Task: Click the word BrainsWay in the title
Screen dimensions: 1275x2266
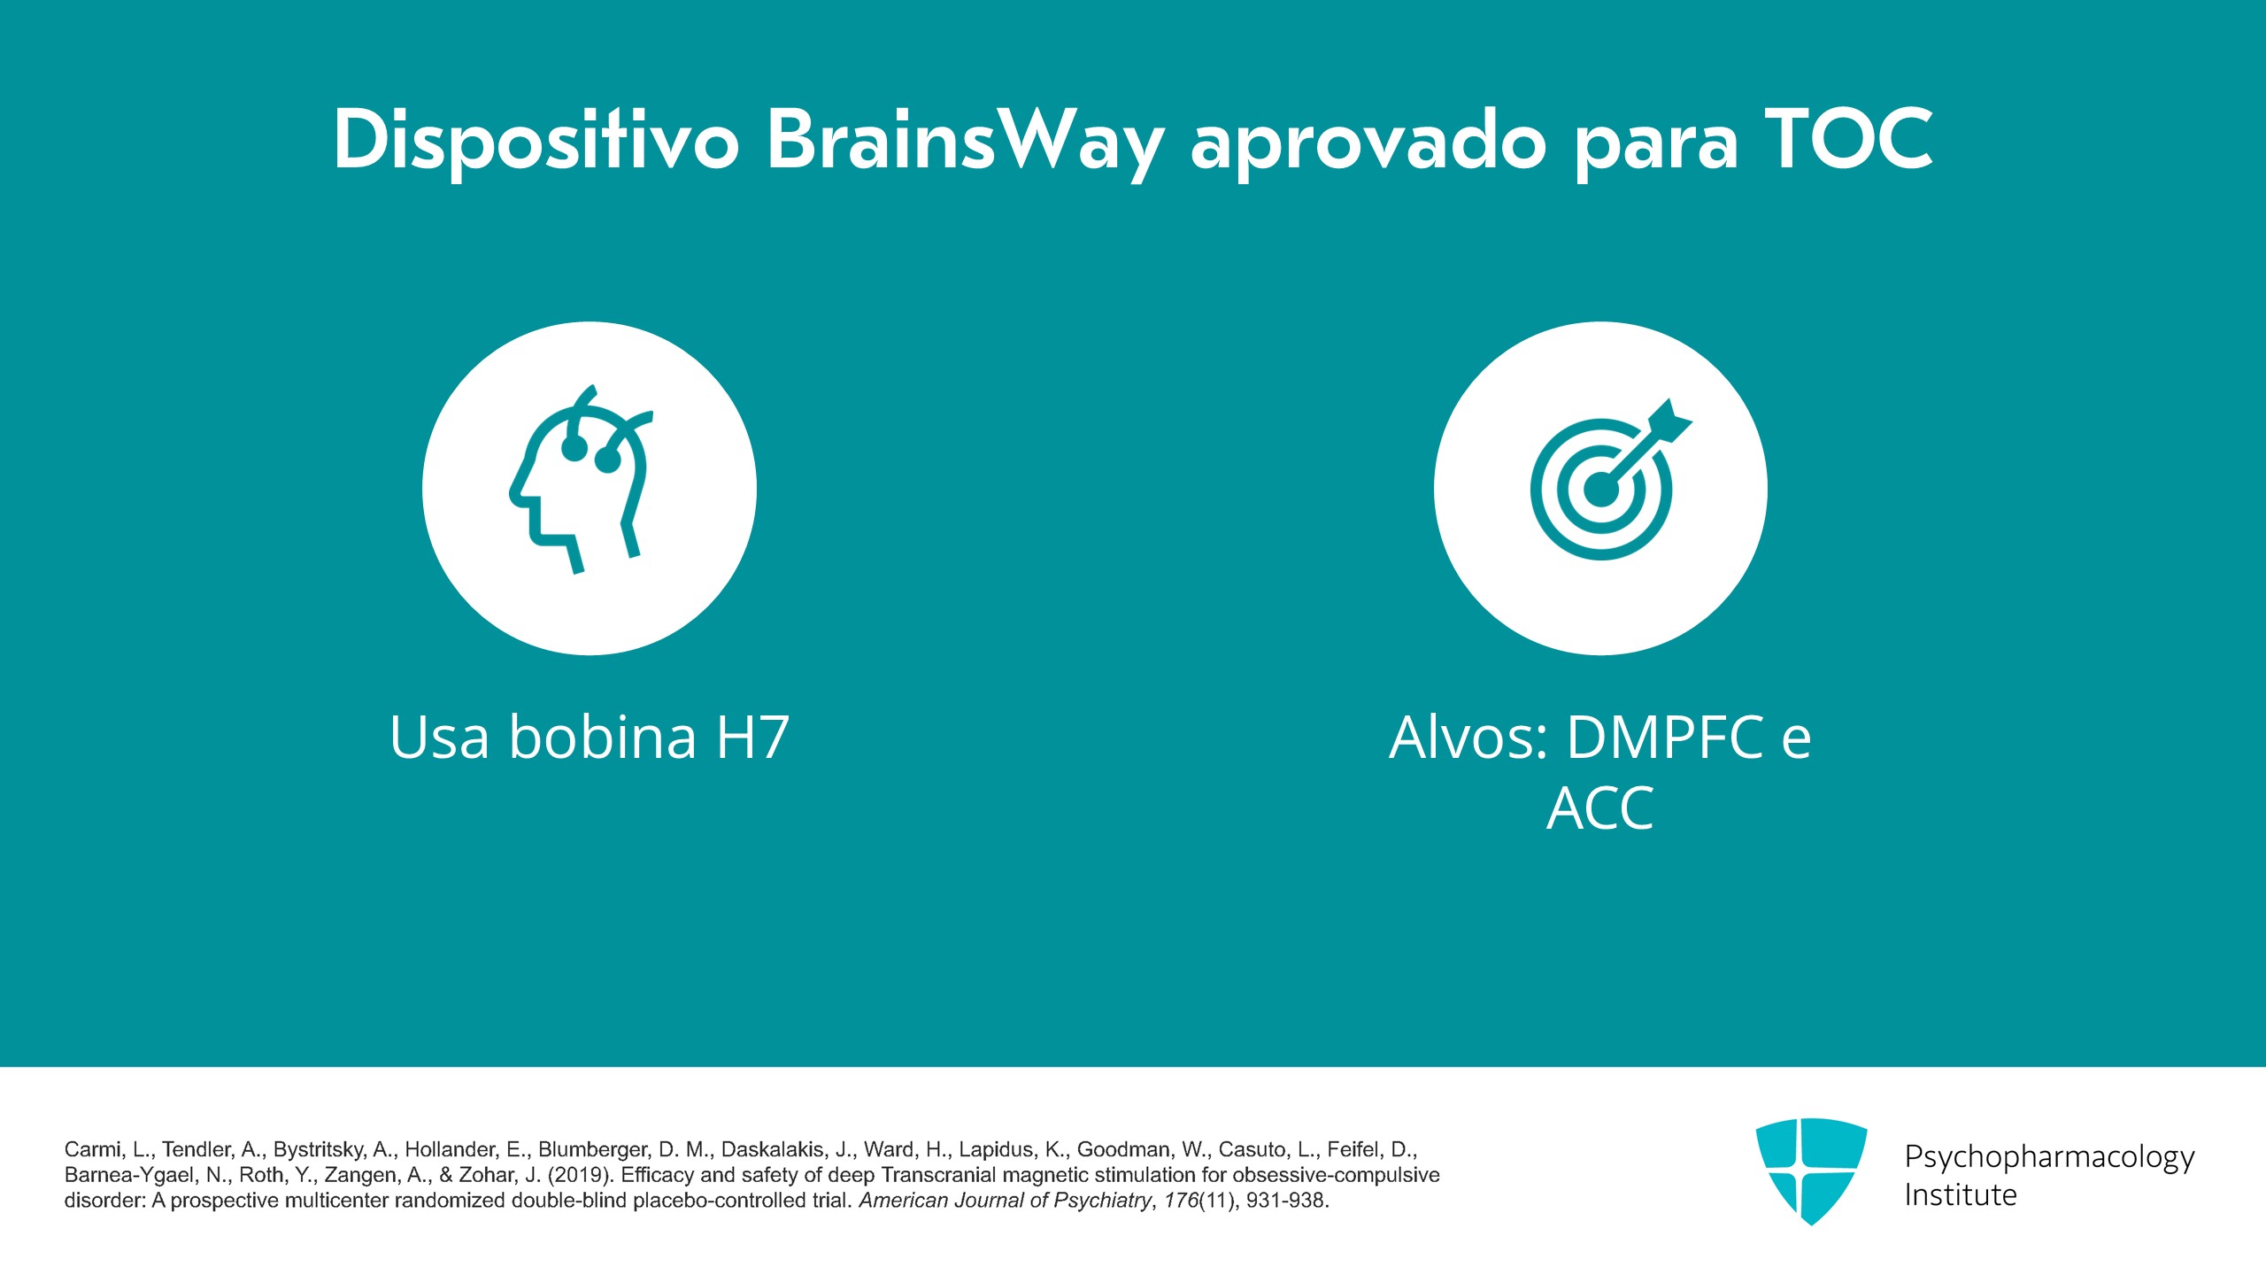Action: pos(965,142)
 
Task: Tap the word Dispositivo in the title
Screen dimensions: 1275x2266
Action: pos(536,142)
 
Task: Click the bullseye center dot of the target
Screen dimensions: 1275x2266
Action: pos(1600,490)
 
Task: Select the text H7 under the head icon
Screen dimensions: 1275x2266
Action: pos(752,737)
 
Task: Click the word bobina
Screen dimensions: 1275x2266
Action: pos(603,737)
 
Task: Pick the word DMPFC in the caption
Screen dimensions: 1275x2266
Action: pos(1665,737)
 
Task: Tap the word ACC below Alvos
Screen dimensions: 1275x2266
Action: pos(1600,808)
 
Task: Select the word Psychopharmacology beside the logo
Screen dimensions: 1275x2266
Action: pos(2049,1156)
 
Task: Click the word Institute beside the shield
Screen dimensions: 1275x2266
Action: pos(1961,1195)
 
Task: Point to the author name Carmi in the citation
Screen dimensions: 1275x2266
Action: pos(92,1149)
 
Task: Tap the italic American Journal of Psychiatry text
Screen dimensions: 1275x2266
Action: pos(1006,1201)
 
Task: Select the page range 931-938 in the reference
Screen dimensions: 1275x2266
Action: pos(1285,1201)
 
